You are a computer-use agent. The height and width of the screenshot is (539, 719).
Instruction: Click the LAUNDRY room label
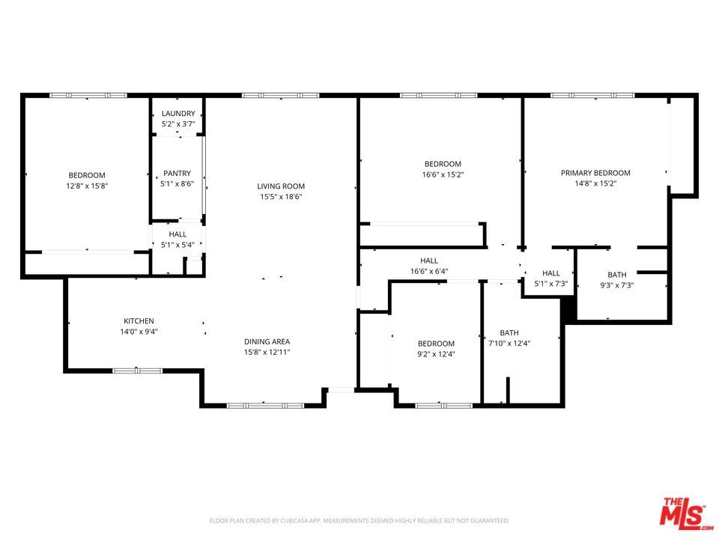pyautogui.click(x=178, y=113)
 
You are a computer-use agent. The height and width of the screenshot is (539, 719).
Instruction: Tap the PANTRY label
pyautogui.click(x=177, y=173)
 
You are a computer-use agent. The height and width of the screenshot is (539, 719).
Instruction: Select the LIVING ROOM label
pyautogui.click(x=281, y=186)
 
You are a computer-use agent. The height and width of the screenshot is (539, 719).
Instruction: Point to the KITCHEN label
pyautogui.click(x=139, y=321)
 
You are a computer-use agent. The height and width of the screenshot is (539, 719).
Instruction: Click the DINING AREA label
pyautogui.click(x=267, y=341)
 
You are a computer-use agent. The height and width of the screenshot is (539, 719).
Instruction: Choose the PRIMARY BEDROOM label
pyautogui.click(x=595, y=173)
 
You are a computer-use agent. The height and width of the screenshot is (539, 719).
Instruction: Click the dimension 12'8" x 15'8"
pyautogui.click(x=87, y=186)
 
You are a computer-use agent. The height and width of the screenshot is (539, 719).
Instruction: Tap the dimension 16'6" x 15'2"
pyautogui.click(x=443, y=174)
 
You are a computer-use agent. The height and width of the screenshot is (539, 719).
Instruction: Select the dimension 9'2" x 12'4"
pyautogui.click(x=436, y=354)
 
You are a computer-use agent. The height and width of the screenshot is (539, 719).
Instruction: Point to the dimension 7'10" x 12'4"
pyautogui.click(x=509, y=344)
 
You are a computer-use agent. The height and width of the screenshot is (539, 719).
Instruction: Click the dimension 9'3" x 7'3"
pyautogui.click(x=616, y=285)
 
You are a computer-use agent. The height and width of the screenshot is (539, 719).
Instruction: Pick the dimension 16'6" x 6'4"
pyautogui.click(x=429, y=271)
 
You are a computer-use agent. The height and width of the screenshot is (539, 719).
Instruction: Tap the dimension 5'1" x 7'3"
pyautogui.click(x=551, y=284)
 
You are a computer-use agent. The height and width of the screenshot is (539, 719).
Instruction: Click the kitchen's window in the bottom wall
pyautogui.click(x=138, y=371)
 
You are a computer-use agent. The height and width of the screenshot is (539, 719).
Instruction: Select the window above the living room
pyautogui.click(x=281, y=95)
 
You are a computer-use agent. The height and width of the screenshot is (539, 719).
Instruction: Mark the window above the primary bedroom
pyautogui.click(x=593, y=95)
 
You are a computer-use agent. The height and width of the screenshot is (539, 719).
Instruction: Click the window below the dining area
pyautogui.click(x=265, y=406)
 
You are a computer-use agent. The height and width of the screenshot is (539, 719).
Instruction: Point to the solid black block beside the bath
pyautogui.click(x=568, y=308)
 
